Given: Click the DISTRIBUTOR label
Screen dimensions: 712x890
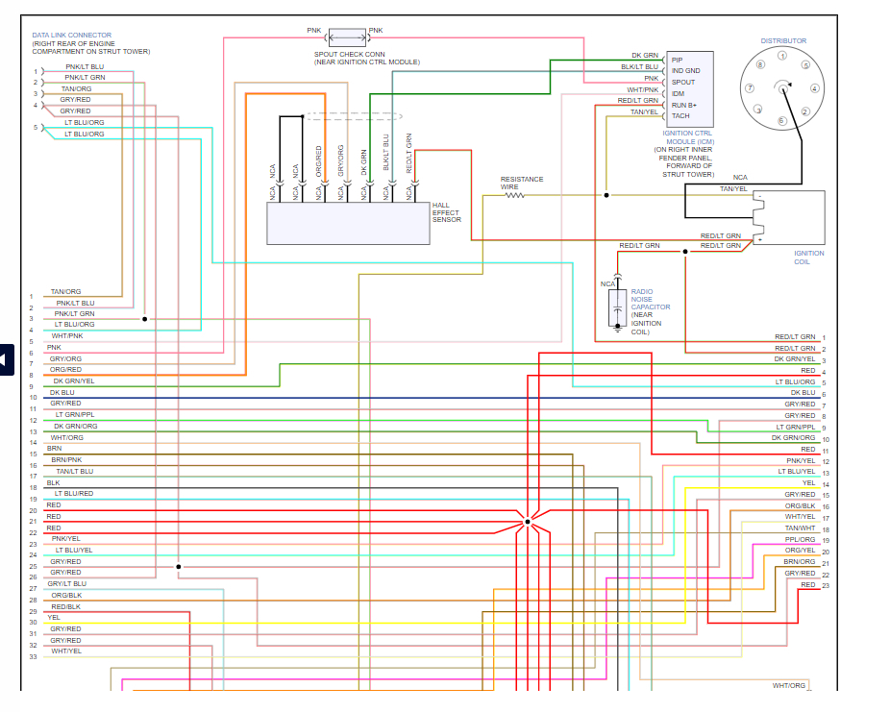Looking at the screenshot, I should (783, 40).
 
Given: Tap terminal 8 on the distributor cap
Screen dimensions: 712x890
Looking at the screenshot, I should (760, 65).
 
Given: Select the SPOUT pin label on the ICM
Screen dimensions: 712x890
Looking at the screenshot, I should (683, 82).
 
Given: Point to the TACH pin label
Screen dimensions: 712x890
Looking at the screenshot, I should (680, 115).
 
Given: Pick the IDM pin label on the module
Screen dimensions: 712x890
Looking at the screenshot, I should (678, 93).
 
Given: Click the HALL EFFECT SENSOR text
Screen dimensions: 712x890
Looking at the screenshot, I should (447, 212).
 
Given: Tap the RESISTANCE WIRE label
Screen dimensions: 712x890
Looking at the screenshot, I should (521, 183).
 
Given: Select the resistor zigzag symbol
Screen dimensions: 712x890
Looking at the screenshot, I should (516, 195).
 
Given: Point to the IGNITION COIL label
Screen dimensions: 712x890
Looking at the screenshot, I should (808, 258).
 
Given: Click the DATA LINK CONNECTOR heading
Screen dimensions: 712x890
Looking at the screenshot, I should (71, 36).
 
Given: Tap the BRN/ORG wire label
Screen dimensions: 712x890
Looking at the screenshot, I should (799, 561).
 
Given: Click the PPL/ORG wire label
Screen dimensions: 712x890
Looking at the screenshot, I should (800, 539).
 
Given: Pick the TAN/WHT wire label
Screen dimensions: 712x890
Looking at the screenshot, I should (800, 528).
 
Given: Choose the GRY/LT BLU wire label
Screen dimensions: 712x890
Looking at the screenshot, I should (67, 583).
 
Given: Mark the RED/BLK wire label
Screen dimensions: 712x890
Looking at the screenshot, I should (65, 606).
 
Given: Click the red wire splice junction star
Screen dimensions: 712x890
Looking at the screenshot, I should (527, 522).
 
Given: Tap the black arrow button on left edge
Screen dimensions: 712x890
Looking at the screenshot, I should (6, 359).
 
